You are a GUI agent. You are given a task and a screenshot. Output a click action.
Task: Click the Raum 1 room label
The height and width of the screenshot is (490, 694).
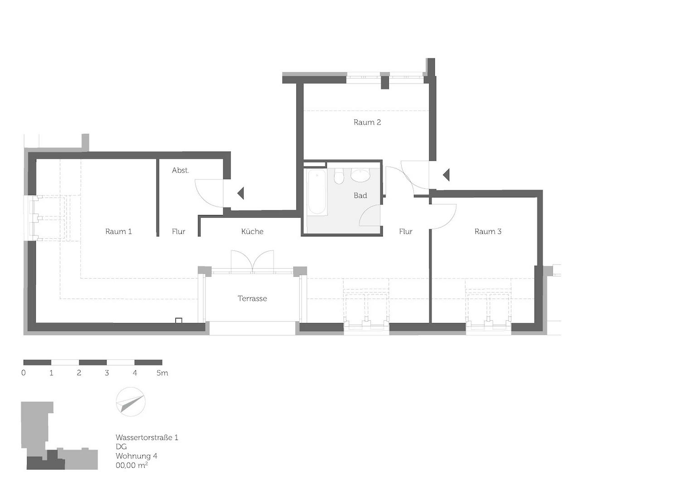118,231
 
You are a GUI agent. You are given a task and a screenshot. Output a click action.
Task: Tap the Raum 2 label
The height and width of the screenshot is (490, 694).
367,122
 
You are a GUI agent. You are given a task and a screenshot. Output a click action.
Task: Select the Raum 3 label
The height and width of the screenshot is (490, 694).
488,231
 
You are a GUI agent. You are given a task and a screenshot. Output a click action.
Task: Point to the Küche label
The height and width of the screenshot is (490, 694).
252,231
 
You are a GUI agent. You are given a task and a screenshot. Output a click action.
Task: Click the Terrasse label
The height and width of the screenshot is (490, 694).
252,299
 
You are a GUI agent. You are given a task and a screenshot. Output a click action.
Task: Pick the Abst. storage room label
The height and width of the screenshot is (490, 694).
180,171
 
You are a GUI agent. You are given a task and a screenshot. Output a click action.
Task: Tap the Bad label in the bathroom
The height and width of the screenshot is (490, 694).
360,196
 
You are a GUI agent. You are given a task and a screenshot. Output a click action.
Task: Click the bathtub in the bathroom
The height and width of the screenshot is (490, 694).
317,192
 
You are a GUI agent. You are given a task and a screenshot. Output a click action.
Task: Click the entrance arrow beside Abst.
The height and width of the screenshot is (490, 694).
240,193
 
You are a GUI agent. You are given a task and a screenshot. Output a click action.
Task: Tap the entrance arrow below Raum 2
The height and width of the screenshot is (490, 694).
446,175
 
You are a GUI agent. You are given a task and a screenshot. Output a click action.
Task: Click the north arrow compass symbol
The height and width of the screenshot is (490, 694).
131,402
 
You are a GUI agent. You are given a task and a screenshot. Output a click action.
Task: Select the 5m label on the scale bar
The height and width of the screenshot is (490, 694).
162,373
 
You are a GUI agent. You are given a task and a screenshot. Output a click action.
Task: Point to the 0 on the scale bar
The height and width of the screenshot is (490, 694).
24,373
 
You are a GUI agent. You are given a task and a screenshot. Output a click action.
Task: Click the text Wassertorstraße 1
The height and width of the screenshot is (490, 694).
147,438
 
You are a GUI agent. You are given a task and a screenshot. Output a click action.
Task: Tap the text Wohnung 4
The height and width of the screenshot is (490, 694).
136,456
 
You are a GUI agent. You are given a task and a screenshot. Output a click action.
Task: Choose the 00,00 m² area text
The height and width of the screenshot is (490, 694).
132,465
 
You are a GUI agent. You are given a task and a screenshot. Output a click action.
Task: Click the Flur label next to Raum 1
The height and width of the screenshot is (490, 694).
179,231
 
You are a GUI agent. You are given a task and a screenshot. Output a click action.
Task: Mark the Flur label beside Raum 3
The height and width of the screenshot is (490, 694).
406,231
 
